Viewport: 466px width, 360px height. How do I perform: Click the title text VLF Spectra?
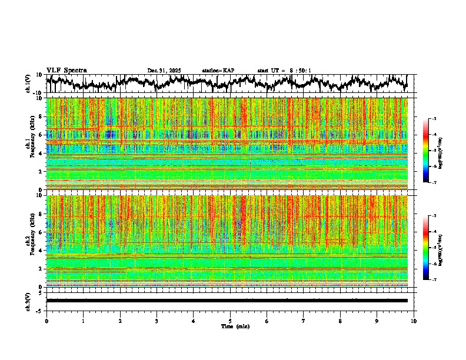(66, 70)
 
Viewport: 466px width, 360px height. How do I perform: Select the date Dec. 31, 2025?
(164, 71)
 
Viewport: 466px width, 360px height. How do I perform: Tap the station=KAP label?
(218, 71)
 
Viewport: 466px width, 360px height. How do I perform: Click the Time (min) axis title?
(235, 326)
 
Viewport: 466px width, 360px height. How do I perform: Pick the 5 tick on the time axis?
(230, 321)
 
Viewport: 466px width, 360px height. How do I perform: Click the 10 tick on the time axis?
(414, 321)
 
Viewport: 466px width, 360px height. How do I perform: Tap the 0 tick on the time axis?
(46, 321)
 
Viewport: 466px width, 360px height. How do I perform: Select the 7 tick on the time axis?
(304, 321)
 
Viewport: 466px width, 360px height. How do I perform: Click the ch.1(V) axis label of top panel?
(28, 84)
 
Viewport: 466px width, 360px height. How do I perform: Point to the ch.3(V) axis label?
(28, 300)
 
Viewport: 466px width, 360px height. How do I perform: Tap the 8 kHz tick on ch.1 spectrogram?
(40, 116)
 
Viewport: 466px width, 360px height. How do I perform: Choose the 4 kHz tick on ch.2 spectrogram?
(40, 251)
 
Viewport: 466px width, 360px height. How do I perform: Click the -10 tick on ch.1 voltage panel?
(37, 93)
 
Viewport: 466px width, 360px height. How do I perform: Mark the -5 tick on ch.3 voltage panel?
(38, 310)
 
